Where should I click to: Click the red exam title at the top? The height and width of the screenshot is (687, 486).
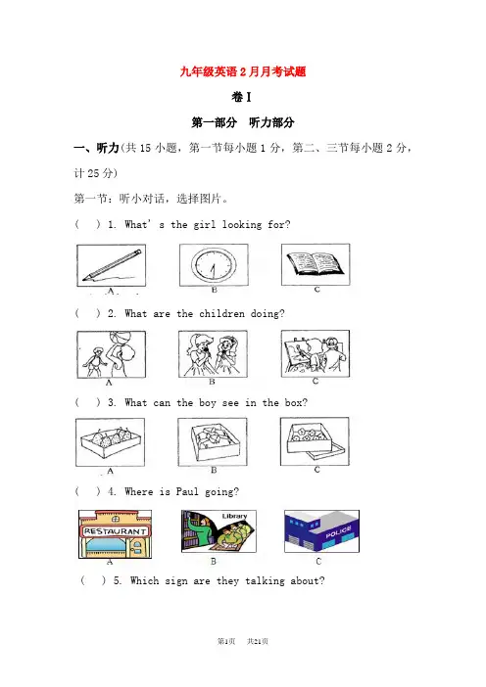pyautogui.click(x=243, y=71)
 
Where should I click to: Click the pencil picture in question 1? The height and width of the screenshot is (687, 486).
pyautogui.click(x=112, y=265)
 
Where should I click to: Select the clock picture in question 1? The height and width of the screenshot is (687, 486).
pyautogui.click(x=214, y=265)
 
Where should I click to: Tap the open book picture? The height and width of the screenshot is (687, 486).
pyautogui.click(x=316, y=264)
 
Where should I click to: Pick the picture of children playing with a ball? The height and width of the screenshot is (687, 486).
pyautogui.click(x=112, y=354)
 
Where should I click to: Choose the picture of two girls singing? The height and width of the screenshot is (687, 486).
pyautogui.click(x=214, y=354)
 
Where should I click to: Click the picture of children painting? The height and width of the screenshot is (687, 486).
pyautogui.click(x=316, y=354)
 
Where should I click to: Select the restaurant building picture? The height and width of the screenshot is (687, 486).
pyautogui.click(x=116, y=534)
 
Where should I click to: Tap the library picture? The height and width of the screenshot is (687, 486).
pyautogui.click(x=219, y=531)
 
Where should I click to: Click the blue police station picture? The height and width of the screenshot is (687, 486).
pyautogui.click(x=322, y=531)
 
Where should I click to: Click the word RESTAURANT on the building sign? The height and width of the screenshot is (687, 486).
pyautogui.click(x=116, y=531)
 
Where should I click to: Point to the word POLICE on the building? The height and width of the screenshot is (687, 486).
pyautogui.click(x=339, y=532)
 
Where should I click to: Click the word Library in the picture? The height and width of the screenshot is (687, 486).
pyautogui.click(x=234, y=516)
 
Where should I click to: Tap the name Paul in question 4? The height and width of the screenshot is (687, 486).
pyautogui.click(x=187, y=491)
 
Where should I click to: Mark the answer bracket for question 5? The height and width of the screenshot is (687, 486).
pyautogui.click(x=93, y=581)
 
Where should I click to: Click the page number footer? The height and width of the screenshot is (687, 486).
pyautogui.click(x=243, y=641)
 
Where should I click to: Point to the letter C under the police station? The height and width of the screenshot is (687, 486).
pyautogui.click(x=318, y=562)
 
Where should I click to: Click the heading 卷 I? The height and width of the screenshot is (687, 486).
pyautogui.click(x=242, y=97)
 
